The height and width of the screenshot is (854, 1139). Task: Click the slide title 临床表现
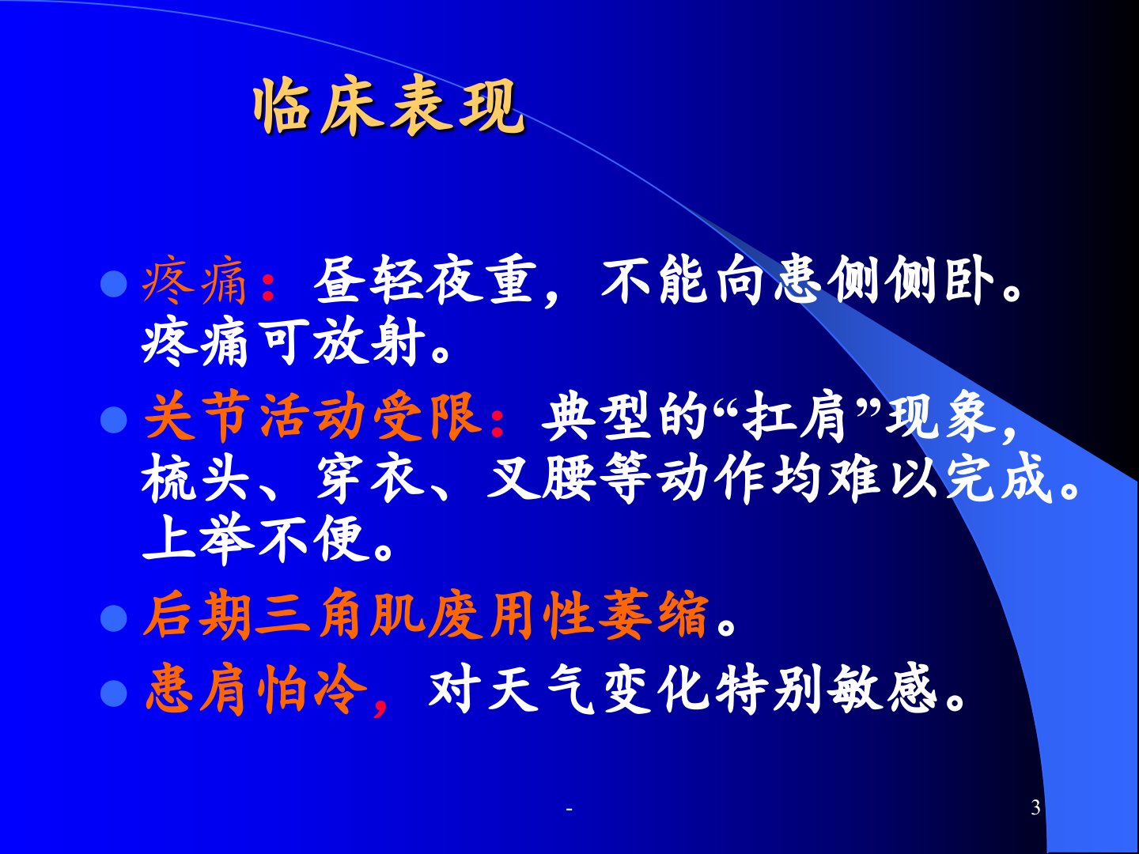(389, 108)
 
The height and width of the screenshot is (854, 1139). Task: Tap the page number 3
(1035, 807)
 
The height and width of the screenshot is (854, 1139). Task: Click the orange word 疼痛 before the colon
(195, 283)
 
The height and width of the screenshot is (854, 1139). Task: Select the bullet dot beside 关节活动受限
(114, 419)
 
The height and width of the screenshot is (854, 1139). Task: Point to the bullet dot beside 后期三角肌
(114, 618)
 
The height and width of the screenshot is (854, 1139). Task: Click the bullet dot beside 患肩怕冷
(114, 693)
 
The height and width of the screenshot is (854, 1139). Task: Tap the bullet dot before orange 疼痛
(114, 284)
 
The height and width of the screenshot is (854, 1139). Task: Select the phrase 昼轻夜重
(425, 282)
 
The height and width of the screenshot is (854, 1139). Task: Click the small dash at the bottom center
(569, 809)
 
